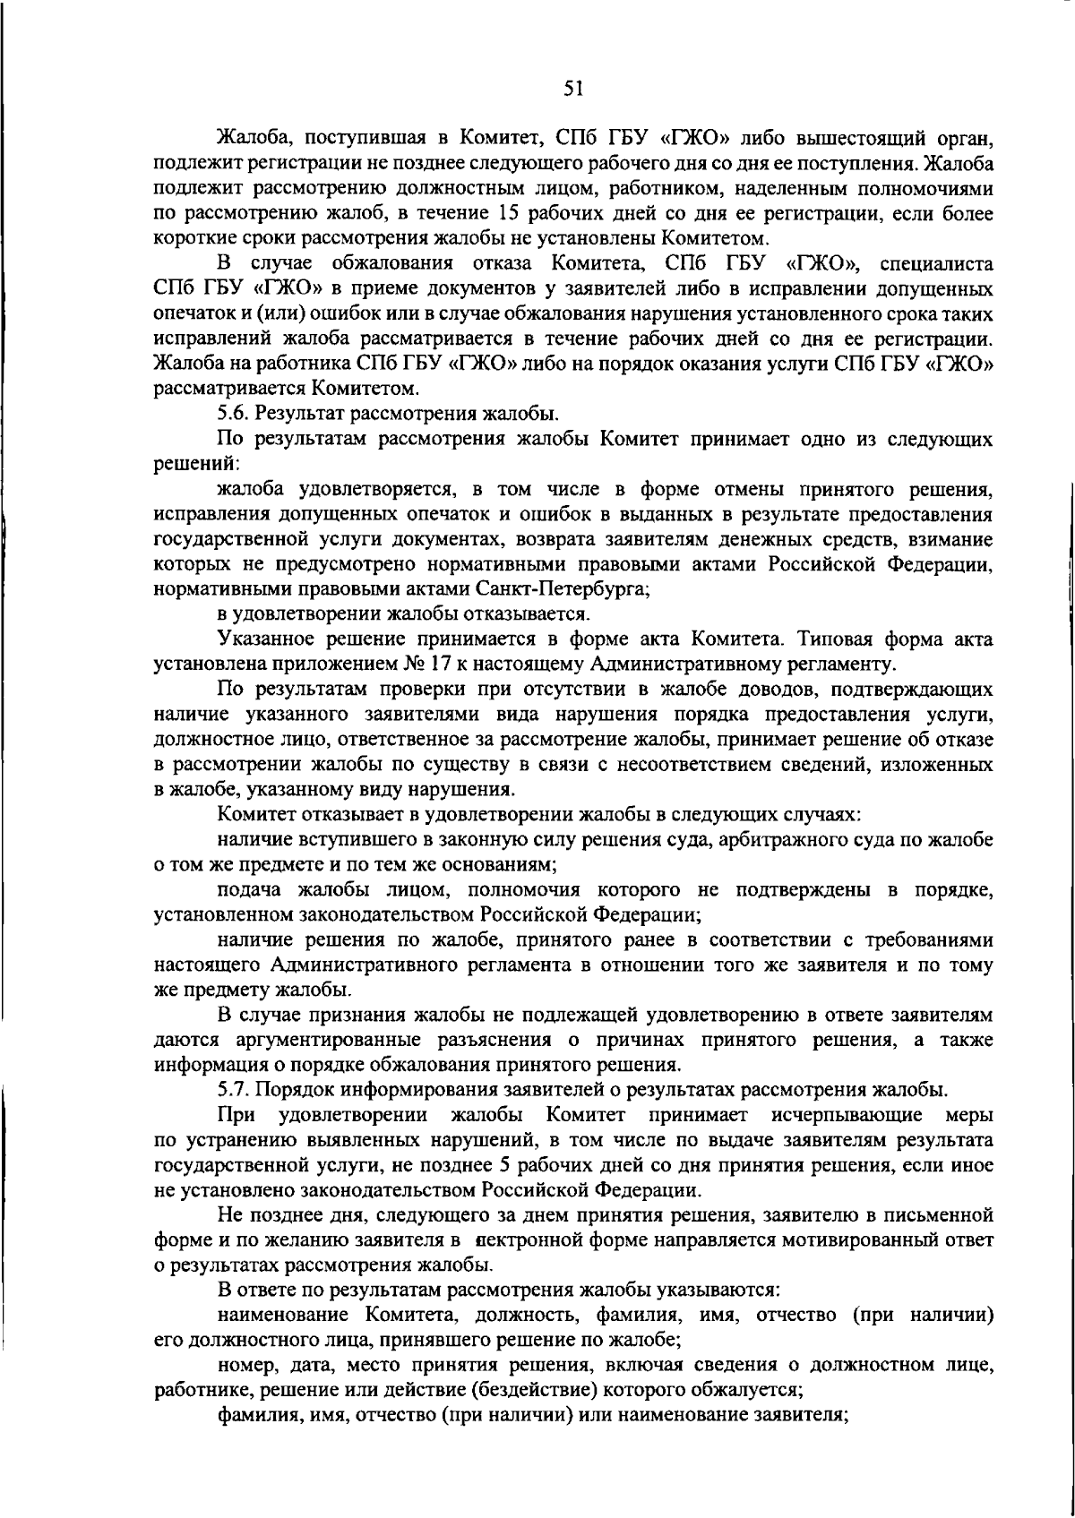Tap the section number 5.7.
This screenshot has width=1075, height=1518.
tap(235, 1090)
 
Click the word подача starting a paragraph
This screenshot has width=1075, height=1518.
tap(249, 890)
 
